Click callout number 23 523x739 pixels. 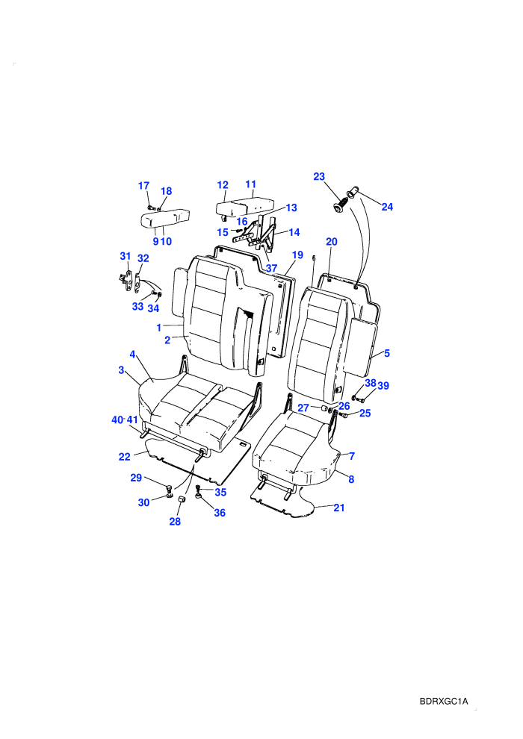[x=319, y=176]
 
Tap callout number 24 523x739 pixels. [x=387, y=207]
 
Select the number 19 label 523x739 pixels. [x=297, y=255]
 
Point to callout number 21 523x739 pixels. [x=339, y=508]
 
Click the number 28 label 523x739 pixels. [x=175, y=521]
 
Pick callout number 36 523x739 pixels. [x=220, y=513]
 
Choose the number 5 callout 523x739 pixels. [x=387, y=353]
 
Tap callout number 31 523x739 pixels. [x=125, y=256]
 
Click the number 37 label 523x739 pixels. [x=271, y=269]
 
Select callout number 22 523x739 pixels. [x=124, y=457]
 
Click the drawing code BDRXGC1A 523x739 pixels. [x=444, y=701]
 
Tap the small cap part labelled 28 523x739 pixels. [x=182, y=499]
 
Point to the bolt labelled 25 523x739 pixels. [x=343, y=415]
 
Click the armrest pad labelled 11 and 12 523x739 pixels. [x=245, y=207]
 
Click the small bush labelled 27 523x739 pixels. [x=324, y=408]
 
